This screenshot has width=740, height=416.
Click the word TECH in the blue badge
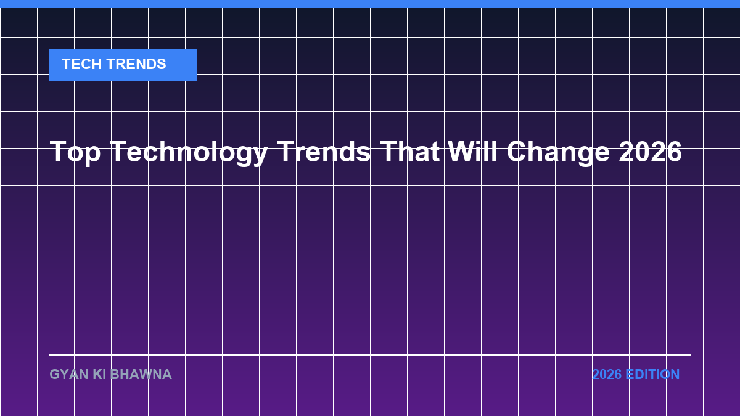pyautogui.click(x=81, y=64)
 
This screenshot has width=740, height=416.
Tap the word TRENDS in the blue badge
pyautogui.click(x=136, y=64)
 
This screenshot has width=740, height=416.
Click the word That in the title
pyautogui.click(x=410, y=152)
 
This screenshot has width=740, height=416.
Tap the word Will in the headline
pyautogui.click(x=472, y=151)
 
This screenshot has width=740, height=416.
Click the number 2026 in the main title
pyautogui.click(x=650, y=152)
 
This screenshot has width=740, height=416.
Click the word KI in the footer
pyautogui.click(x=99, y=375)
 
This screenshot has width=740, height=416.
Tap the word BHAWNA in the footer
pyautogui.click(x=141, y=375)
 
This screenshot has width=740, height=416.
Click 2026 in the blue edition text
pyautogui.click(x=607, y=375)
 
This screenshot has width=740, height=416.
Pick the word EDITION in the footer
pyautogui.click(x=652, y=375)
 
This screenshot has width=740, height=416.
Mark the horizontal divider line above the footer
pyautogui.click(x=371, y=355)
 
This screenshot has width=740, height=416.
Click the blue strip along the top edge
pyautogui.click(x=370, y=4)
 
